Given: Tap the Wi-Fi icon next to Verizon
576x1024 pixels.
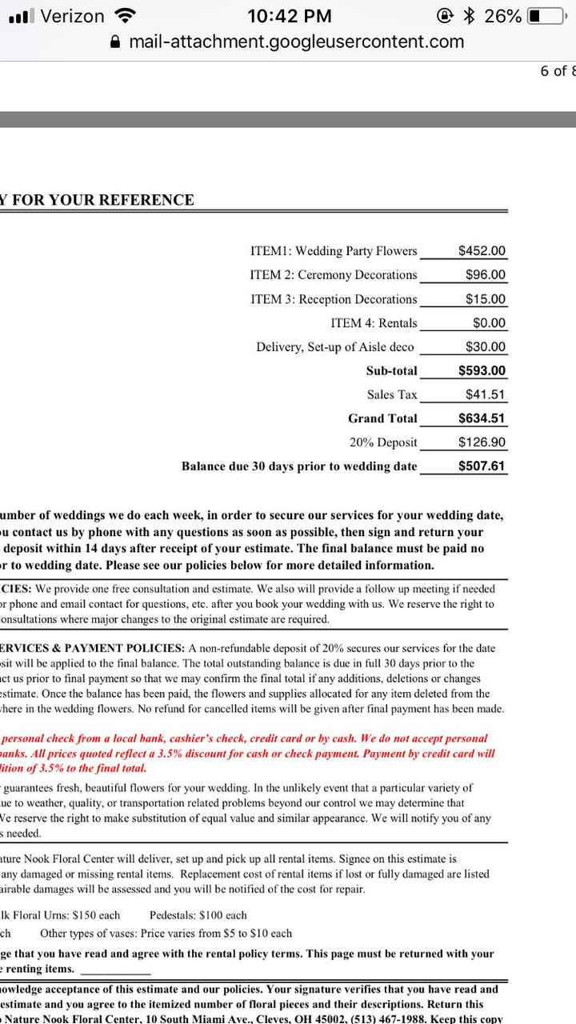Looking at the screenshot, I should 125,15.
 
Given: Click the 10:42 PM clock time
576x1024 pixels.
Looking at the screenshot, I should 290,16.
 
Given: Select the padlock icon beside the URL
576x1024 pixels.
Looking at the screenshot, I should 117,42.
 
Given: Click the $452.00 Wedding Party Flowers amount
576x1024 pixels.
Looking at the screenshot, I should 482,251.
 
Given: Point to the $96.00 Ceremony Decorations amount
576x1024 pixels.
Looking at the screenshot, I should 486,275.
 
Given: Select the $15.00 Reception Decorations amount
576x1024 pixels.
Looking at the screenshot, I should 486,299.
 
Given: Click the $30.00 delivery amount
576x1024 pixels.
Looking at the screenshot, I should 486,347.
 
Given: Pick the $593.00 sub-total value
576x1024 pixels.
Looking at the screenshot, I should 482,371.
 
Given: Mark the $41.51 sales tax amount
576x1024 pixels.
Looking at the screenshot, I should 486,394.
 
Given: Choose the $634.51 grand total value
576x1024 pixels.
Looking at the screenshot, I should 482,418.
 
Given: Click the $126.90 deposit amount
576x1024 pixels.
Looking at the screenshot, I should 482,442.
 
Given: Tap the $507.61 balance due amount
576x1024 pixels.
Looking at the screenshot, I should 482,466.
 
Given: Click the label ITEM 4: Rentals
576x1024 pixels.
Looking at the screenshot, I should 374,323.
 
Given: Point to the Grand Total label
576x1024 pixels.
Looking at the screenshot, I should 382,418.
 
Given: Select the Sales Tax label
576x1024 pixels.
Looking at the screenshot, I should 392,394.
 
